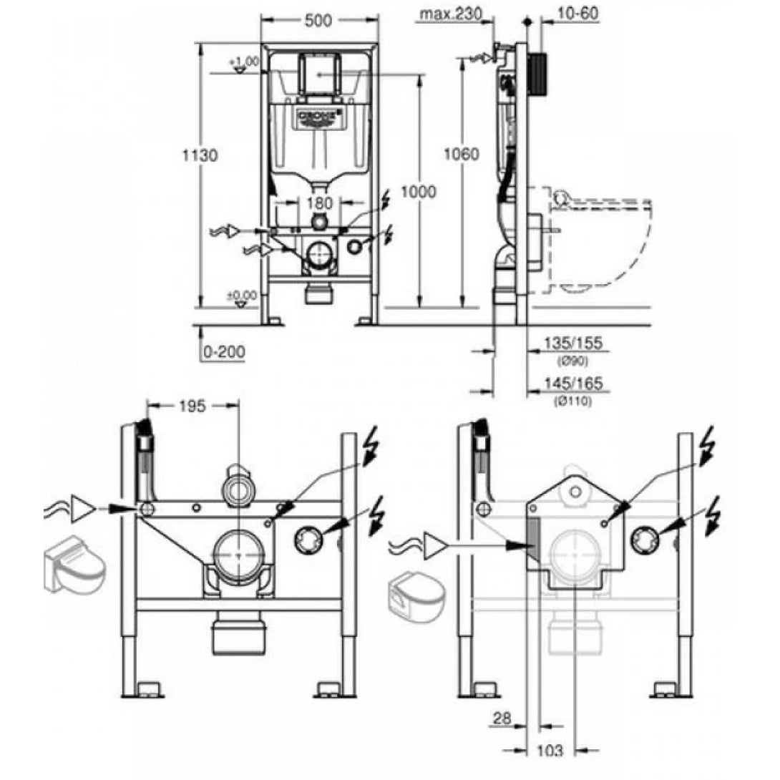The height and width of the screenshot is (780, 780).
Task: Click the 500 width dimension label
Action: [318, 21]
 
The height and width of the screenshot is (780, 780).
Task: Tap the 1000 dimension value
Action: [419, 192]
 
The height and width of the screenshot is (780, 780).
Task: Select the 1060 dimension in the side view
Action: [462, 155]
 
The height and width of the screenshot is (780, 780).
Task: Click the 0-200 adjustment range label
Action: [224, 353]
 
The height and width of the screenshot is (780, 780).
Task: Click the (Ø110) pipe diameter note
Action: [572, 401]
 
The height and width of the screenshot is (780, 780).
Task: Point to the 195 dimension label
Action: [192, 406]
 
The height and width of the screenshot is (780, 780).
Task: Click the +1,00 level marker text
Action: [245, 62]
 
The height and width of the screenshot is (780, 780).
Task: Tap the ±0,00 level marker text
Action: [242, 295]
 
